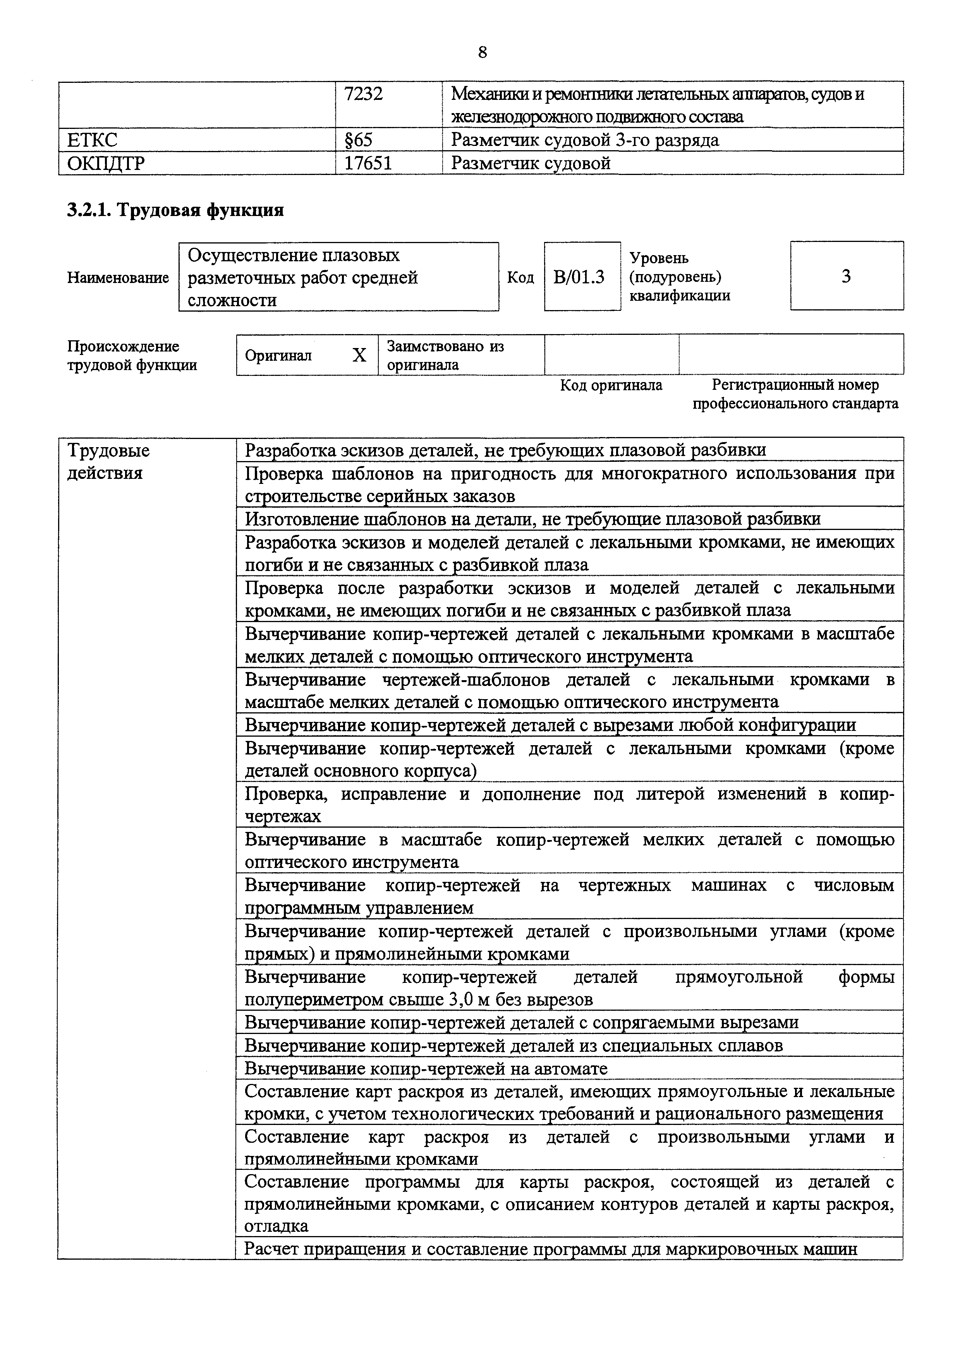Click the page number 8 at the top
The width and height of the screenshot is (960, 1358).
click(x=482, y=53)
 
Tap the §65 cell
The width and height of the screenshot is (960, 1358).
click(x=359, y=140)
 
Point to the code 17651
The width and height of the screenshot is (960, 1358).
click(x=368, y=163)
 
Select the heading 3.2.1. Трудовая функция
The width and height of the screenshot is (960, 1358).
click(x=175, y=210)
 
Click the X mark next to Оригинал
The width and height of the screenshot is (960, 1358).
click(x=359, y=355)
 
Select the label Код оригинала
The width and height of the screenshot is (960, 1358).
click(x=611, y=386)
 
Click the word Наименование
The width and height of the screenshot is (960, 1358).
click(x=118, y=278)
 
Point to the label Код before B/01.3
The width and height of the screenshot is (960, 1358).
click(x=520, y=278)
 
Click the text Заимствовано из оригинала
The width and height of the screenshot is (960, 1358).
click(x=445, y=355)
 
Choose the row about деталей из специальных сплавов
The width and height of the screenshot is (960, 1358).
click(x=513, y=1045)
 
